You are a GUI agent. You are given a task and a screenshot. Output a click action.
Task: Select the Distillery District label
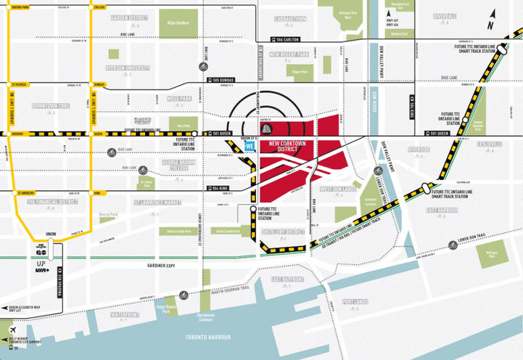tap(287, 232)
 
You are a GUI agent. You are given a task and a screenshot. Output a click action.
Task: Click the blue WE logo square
tap(250, 146)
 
